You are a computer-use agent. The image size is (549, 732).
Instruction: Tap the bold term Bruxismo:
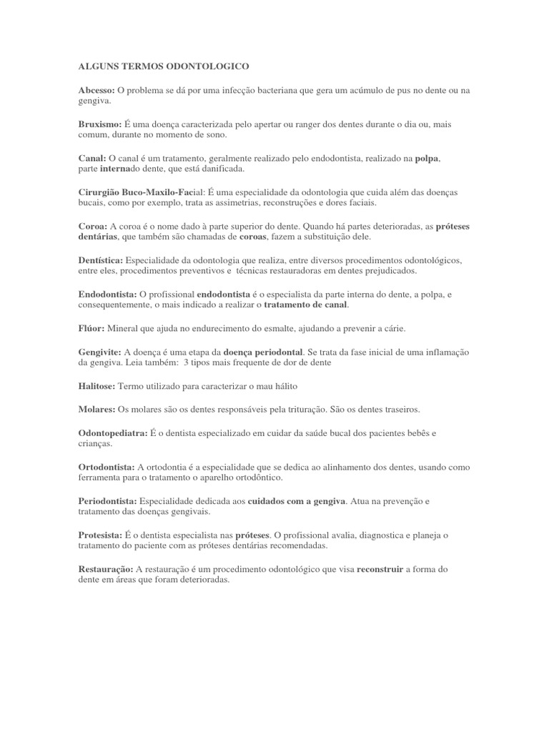[x=99, y=124]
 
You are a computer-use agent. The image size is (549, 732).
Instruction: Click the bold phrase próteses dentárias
[x=452, y=226]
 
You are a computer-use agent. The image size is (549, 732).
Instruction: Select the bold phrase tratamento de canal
[x=305, y=305]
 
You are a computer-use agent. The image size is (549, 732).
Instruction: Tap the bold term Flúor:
[x=91, y=328]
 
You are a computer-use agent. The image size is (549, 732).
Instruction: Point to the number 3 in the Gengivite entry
[x=187, y=363]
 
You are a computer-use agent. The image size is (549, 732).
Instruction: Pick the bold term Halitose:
[x=96, y=386]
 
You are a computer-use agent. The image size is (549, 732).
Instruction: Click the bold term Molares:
[x=96, y=410]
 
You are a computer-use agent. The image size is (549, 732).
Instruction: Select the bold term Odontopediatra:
[x=113, y=432]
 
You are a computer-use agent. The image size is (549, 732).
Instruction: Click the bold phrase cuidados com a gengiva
[x=296, y=501]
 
